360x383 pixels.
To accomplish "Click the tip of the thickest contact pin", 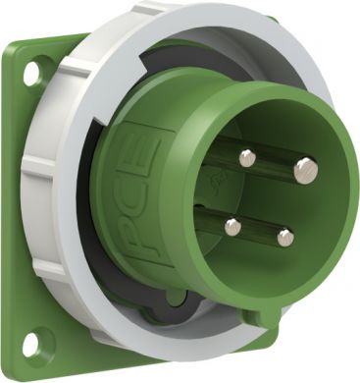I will point(305,172).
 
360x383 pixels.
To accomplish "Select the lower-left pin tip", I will point(232,227).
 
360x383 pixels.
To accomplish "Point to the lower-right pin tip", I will point(284,237).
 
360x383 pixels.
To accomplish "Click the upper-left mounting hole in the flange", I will point(30,73).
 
